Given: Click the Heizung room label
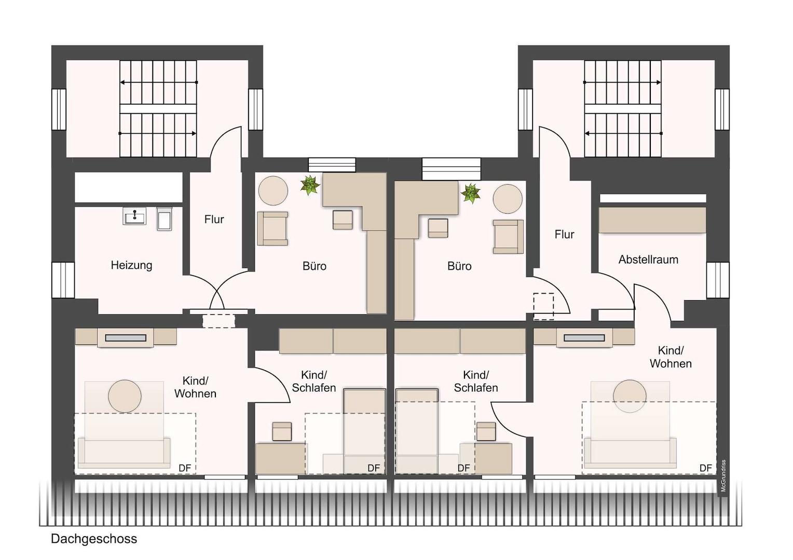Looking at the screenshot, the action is click(131, 265).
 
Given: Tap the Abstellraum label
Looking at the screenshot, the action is click(648, 260).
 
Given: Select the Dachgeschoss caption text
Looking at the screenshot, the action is click(94, 539).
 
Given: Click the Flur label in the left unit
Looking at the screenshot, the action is click(214, 219).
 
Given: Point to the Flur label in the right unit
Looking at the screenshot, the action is click(564, 234).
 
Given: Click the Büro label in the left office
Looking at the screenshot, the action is click(315, 266).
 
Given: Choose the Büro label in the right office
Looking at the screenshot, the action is click(459, 266).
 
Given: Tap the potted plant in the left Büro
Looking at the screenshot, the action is click(310, 185).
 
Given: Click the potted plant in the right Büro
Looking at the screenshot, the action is click(471, 193).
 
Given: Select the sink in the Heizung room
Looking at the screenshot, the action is click(134, 215).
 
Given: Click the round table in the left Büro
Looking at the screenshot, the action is click(273, 191).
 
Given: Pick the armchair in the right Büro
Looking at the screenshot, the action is click(508, 236).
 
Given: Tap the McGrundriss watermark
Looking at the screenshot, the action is click(723, 475).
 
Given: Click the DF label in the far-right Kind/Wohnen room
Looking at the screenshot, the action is click(706, 468).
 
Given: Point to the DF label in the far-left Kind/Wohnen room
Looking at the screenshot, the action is click(184, 468).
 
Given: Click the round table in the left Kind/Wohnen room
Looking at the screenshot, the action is click(125, 396).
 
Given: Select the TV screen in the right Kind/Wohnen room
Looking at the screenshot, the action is click(584, 338).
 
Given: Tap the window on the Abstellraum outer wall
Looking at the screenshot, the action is click(718, 280).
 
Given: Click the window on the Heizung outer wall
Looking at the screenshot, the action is click(63, 280).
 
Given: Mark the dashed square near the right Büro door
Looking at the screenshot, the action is click(544, 306).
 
